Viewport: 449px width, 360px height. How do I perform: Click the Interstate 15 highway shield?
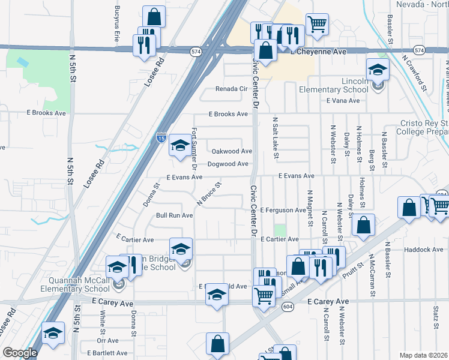pos(161,137)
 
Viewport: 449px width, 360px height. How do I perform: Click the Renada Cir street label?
pos(232,89)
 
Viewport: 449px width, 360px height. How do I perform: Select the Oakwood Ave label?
pos(229,151)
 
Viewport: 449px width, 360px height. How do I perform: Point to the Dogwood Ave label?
pos(228,164)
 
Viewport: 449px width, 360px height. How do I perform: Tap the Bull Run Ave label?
pos(174,215)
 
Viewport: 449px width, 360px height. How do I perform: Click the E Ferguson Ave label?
pos(283,210)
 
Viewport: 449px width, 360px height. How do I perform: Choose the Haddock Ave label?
pos(423,249)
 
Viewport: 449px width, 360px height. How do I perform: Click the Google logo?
pos(20,353)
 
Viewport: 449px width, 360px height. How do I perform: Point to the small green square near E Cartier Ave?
pos(280,230)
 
